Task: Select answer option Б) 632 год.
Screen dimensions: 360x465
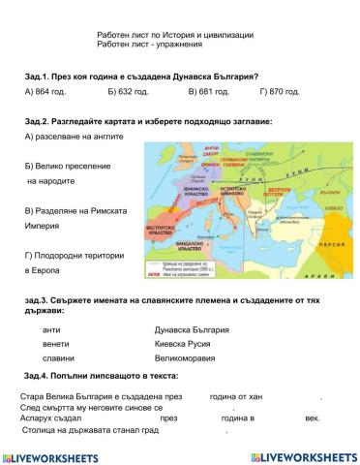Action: (129, 93)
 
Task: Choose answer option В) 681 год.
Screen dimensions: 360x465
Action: (208, 93)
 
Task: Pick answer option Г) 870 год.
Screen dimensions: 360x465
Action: (280, 93)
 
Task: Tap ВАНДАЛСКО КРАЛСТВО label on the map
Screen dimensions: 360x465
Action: (195, 249)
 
